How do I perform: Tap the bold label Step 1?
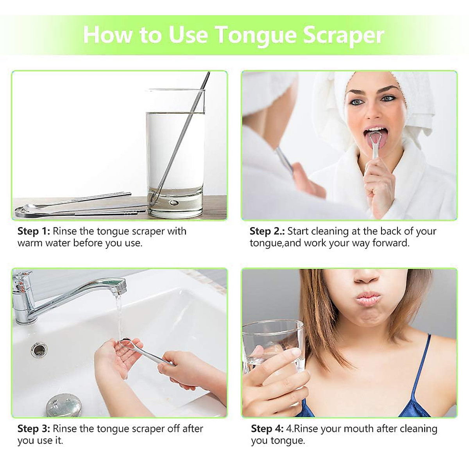[34, 231]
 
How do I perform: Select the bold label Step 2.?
[267, 231]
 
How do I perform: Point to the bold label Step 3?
[34, 429]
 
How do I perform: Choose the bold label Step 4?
[267, 429]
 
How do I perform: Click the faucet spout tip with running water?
[121, 288]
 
